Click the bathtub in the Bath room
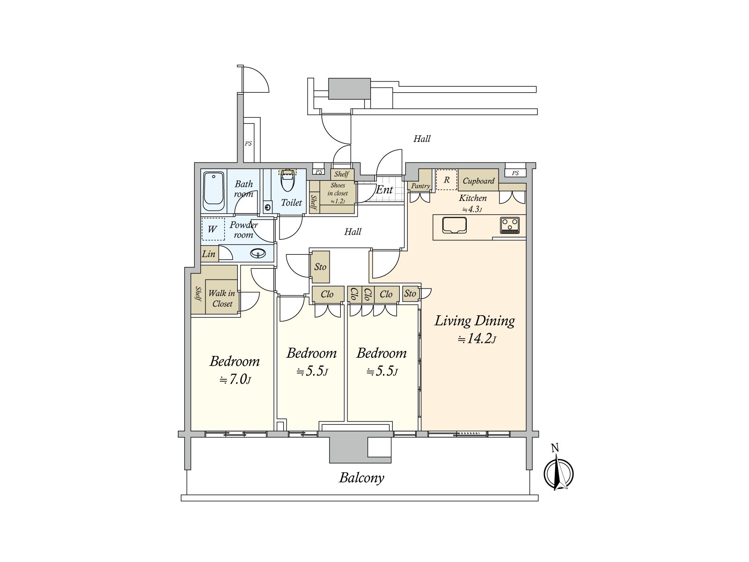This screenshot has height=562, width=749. [x=213, y=191]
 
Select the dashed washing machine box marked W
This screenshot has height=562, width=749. [x=213, y=229]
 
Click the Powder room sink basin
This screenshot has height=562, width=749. [x=257, y=253]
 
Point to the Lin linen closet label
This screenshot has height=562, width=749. [x=209, y=254]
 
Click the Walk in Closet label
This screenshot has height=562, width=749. [x=222, y=298]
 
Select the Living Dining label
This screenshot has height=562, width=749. [x=474, y=321]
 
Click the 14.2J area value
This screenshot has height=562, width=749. [x=476, y=339]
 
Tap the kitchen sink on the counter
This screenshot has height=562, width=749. [x=455, y=225]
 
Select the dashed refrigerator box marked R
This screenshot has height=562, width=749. [x=447, y=180]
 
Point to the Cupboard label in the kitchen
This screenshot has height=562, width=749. [x=478, y=181]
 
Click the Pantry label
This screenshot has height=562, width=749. [x=420, y=186]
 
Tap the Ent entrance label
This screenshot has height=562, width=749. [x=384, y=190]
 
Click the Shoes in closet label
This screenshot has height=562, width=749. [x=338, y=193]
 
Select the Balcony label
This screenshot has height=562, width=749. [x=361, y=478]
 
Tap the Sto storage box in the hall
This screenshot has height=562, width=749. [x=320, y=267]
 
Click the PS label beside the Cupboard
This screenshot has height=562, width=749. [x=515, y=173]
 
